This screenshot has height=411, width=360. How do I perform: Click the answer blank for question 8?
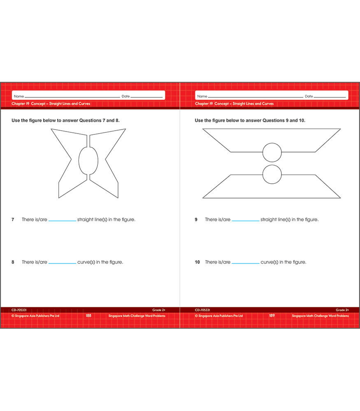click(x=63, y=263)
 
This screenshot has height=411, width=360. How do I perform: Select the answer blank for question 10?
click(x=246, y=263)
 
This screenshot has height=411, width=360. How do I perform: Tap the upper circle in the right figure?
click(x=272, y=152)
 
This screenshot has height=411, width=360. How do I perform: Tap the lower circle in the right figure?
click(x=272, y=174)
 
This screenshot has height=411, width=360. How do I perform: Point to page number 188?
click(x=88, y=316)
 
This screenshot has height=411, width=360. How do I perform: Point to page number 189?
click(x=272, y=316)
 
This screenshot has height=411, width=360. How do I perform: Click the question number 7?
click(x=13, y=220)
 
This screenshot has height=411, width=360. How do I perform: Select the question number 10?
click(x=197, y=262)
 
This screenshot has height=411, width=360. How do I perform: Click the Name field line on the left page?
click(x=72, y=97)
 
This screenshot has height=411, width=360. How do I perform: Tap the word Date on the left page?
click(x=125, y=97)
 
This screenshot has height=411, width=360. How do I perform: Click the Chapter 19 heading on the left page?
click(x=51, y=104)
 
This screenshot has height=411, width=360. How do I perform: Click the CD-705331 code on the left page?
click(x=19, y=310)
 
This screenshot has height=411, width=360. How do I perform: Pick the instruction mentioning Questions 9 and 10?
click(x=250, y=120)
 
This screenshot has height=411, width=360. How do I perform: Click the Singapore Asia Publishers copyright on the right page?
click(x=219, y=316)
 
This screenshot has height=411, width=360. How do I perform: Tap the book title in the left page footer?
click(x=137, y=316)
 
